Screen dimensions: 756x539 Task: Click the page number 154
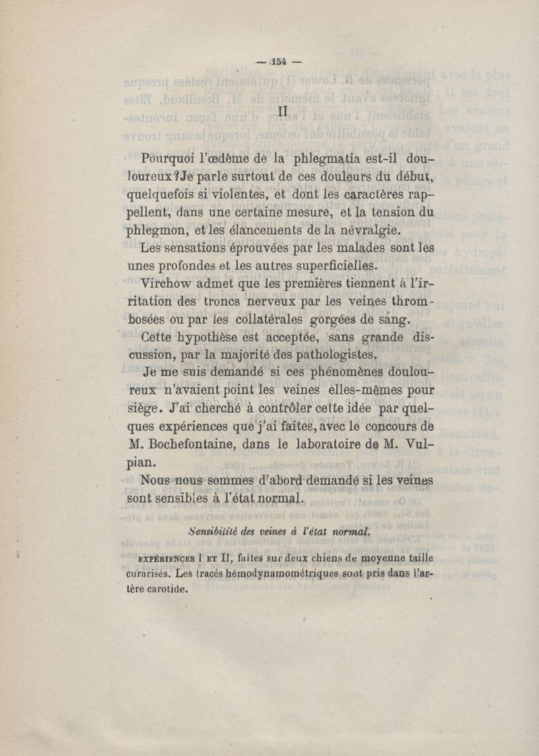279,61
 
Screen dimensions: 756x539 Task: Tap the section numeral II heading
283,110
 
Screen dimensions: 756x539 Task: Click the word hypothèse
209,337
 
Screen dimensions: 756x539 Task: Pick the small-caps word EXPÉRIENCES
166,559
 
